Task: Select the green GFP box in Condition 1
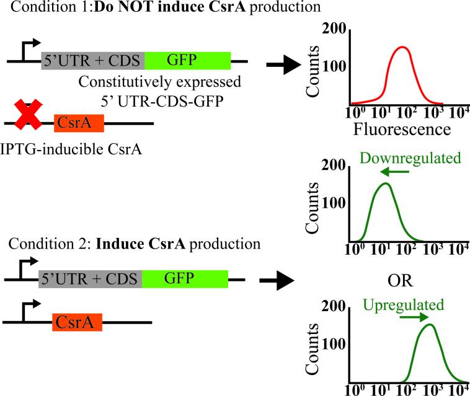188,60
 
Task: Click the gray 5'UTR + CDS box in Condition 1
93,60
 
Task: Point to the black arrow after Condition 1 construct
283,66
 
